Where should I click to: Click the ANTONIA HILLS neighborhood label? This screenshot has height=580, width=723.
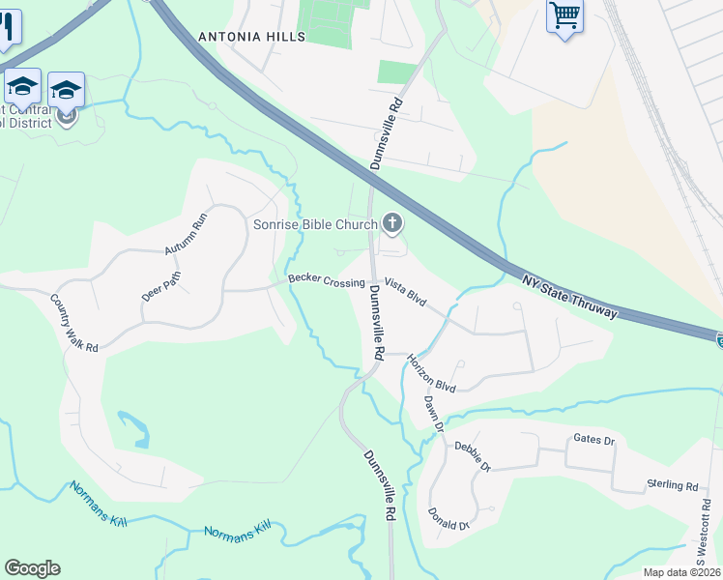pyautogui.click(x=251, y=37)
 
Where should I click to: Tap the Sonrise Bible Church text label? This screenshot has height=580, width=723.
pyautogui.click(x=315, y=225)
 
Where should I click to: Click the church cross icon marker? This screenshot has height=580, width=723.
pyautogui.click(x=392, y=224)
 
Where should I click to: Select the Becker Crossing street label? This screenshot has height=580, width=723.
pyautogui.click(x=326, y=281)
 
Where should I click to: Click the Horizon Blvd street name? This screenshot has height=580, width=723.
pyautogui.click(x=431, y=372)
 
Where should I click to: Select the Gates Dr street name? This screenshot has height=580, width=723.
pyautogui.click(x=593, y=441)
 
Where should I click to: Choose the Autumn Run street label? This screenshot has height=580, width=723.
pyautogui.click(x=186, y=233)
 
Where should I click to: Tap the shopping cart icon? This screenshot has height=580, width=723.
pyautogui.click(x=564, y=15)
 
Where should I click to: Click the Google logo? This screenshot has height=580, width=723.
pyautogui.click(x=32, y=568)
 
